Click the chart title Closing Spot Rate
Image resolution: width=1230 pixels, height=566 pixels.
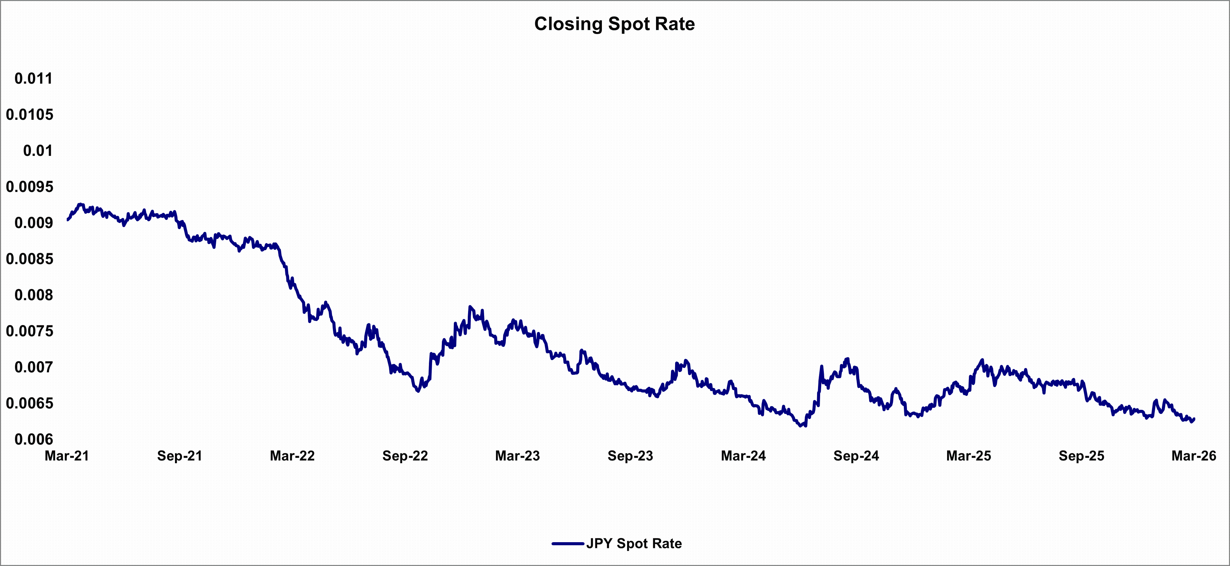pyautogui.click(x=614, y=24)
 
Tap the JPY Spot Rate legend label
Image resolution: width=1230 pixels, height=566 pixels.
pyautogui.click(x=634, y=544)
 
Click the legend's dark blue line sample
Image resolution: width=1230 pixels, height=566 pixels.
pyautogui.click(x=568, y=544)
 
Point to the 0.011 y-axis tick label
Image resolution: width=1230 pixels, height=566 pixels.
pyautogui.click(x=33, y=78)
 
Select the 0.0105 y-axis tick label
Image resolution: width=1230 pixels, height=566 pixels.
pyautogui.click(x=30, y=115)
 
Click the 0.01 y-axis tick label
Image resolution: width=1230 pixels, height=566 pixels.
pyautogui.click(x=38, y=151)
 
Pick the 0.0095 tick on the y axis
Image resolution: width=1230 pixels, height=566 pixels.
pyautogui.click(x=30, y=187)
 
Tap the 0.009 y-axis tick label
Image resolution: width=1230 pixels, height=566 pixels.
pyautogui.click(x=33, y=223)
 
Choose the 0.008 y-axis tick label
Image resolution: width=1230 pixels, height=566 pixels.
pyautogui.click(x=33, y=295)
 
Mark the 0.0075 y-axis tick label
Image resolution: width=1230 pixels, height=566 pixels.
pyautogui.click(x=30, y=331)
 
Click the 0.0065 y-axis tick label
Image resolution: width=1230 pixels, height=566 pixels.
pyautogui.click(x=30, y=403)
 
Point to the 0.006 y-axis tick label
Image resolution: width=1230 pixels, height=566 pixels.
pyautogui.click(x=33, y=439)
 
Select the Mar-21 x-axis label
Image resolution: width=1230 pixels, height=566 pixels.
pyautogui.click(x=67, y=456)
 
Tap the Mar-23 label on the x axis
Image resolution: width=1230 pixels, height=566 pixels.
pyautogui.click(x=517, y=456)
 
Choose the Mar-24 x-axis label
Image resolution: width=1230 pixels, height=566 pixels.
pyautogui.click(x=744, y=456)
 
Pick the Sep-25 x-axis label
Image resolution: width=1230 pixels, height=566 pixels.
pyautogui.click(x=1082, y=456)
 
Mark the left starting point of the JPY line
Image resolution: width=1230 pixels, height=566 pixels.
pyautogui.click(x=68, y=220)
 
